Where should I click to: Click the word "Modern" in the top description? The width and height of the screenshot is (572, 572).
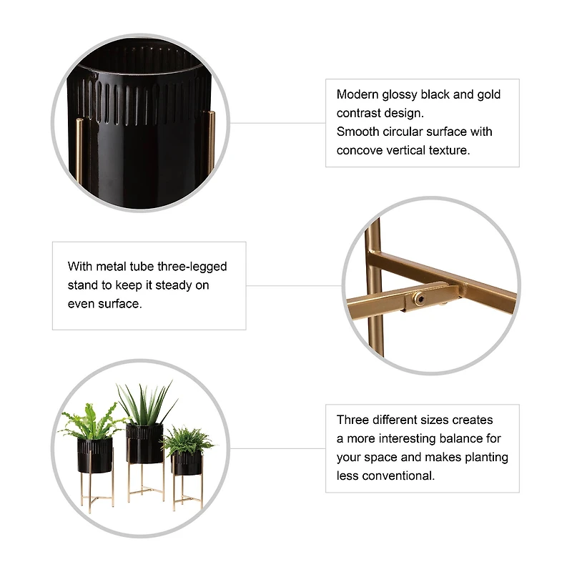(358, 94)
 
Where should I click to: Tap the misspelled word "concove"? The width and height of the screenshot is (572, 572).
(363, 150)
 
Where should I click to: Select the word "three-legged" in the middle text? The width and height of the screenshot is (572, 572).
(194, 267)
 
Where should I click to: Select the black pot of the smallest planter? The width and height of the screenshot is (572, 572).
(186, 463)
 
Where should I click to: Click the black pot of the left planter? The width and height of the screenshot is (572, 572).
(95, 455)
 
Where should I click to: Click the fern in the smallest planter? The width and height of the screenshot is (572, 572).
(187, 438)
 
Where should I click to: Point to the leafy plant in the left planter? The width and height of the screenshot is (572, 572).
(92, 422)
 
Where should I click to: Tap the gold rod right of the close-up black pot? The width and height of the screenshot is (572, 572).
(211, 143)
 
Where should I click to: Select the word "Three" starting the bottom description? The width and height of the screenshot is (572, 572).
(352, 420)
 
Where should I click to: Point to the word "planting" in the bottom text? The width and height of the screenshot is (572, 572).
(486, 457)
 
